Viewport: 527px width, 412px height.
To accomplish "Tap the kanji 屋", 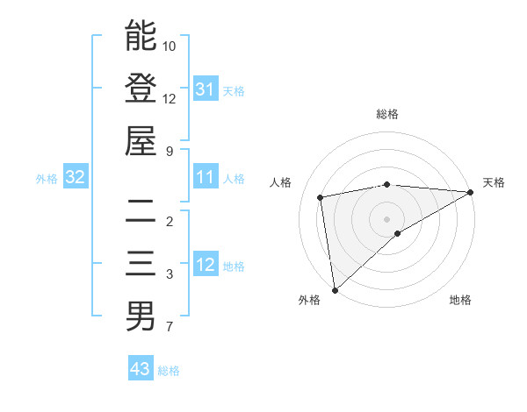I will click(x=141, y=141).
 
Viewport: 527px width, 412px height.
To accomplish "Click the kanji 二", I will click(x=141, y=211).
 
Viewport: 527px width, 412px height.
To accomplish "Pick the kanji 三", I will click(x=141, y=264).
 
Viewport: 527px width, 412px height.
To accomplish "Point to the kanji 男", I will click(x=141, y=316).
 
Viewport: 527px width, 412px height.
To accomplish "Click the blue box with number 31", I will click(x=205, y=89).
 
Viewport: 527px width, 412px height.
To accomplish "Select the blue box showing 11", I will click(x=205, y=177).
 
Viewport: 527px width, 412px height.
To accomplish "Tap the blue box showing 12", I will click(x=205, y=265).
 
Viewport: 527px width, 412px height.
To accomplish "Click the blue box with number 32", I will click(x=76, y=177).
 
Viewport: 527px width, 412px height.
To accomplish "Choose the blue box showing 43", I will click(x=140, y=369).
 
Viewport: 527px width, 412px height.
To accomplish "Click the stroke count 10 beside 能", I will click(x=170, y=45).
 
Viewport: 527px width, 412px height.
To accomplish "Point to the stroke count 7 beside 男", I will click(x=170, y=327).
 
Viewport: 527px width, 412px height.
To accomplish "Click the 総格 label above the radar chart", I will click(x=386, y=114).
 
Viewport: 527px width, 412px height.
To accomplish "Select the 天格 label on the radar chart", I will click(x=494, y=182).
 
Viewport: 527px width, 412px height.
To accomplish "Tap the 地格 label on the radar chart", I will click(x=460, y=300).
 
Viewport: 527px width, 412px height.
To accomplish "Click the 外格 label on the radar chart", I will click(x=309, y=300).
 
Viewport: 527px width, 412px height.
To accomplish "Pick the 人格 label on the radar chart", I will click(x=281, y=182).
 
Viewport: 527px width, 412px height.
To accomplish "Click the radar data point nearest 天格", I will click(x=471, y=192).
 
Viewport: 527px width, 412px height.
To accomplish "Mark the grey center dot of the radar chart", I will click(x=386, y=218).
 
